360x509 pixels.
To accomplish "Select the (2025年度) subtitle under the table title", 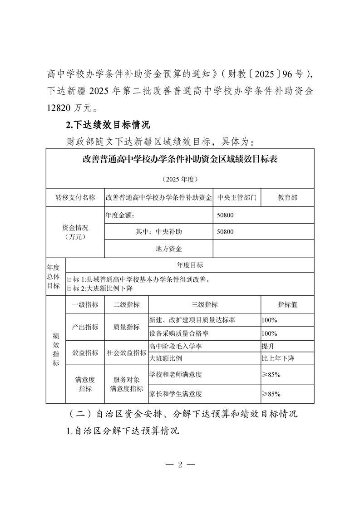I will [180, 179].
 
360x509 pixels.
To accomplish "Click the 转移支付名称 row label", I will [75, 198].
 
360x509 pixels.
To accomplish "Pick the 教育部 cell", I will [288, 198].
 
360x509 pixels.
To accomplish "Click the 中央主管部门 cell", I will [237, 198].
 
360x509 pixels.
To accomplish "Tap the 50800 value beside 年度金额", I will [226, 215].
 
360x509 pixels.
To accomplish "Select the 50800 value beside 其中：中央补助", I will [226, 232].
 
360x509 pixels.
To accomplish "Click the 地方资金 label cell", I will [168, 249].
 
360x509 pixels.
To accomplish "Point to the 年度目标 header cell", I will [190, 265].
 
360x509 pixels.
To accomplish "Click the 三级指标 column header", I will [205, 305].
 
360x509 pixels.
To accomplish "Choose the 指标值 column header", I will [287, 305].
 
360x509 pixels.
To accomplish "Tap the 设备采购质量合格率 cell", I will [179, 333].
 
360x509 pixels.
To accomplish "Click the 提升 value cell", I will [267, 347].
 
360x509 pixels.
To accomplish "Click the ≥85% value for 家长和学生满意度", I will [271, 394].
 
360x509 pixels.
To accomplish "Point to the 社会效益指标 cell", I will [127, 353].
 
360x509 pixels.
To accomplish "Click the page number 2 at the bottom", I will [180, 465].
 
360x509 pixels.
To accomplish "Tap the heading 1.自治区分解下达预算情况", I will [123, 431].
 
